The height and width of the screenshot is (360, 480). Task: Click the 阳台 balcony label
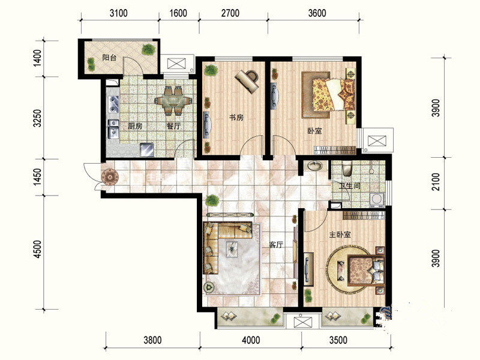click(109, 58)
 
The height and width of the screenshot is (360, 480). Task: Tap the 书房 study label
click(236, 117)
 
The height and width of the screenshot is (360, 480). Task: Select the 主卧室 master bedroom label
click(340, 235)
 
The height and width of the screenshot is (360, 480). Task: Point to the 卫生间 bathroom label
click(350, 186)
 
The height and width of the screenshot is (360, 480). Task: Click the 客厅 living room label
click(276, 245)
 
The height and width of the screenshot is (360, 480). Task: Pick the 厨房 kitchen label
click(135, 126)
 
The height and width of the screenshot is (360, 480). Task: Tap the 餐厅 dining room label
click(173, 126)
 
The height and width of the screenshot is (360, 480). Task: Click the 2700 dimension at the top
click(230, 13)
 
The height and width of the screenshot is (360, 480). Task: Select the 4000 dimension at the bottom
click(251, 340)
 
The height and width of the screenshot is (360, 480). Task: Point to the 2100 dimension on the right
click(436, 182)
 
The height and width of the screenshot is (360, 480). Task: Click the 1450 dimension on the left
click(37, 176)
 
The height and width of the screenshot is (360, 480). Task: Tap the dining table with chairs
click(173, 101)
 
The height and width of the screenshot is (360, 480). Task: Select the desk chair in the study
click(252, 75)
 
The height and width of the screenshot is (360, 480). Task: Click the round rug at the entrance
click(110, 177)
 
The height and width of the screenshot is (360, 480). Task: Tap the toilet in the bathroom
click(347, 169)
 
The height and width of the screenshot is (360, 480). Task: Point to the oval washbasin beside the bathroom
click(315, 166)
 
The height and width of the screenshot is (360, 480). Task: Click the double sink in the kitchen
click(113, 104)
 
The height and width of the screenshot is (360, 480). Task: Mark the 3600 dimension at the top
click(317, 13)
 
